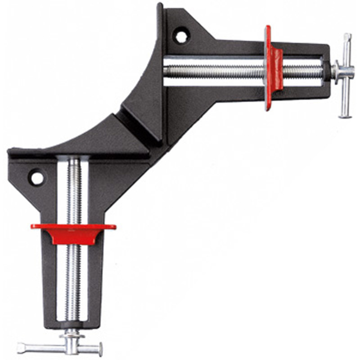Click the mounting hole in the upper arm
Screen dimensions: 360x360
pos(181,35)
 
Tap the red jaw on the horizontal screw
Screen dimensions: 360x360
pos(273,68)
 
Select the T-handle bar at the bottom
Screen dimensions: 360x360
pos(59,347)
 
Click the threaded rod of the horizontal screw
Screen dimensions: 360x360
pos(216,71)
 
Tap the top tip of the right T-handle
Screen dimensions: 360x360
pos(347,36)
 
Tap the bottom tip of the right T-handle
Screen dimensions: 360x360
pos(345,116)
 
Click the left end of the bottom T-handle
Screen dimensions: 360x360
pos(20,347)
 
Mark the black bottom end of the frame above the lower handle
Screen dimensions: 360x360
pos(72,326)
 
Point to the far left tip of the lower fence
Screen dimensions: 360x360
pos(9,150)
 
